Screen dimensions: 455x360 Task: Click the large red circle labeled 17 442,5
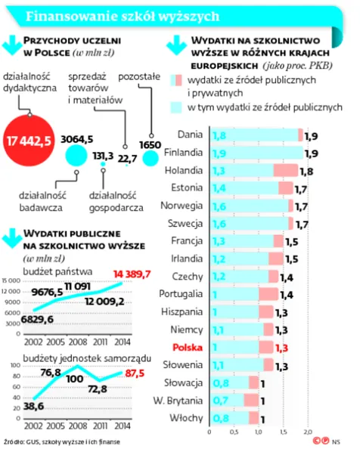[29, 141]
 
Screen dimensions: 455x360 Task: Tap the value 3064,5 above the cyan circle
[77, 139]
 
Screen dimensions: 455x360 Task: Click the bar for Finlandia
[257, 153]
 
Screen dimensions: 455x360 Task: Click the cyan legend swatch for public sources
[175, 109]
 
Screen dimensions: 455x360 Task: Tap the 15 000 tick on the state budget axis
[9, 280]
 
